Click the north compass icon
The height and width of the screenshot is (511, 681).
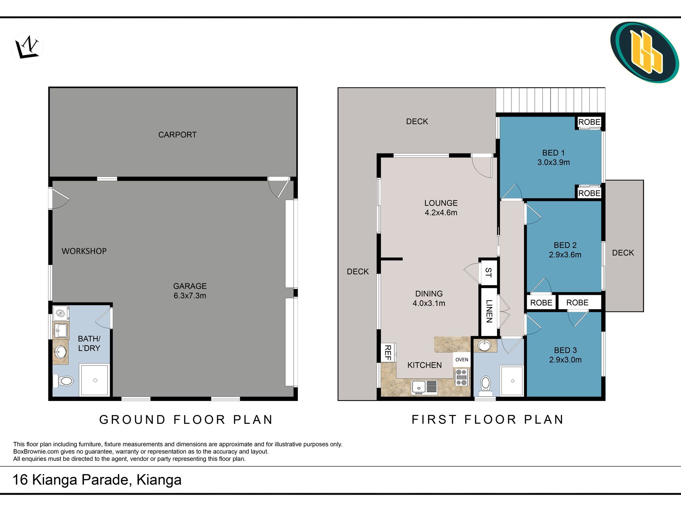(x=27, y=48)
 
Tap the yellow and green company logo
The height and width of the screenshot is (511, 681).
(x=644, y=52)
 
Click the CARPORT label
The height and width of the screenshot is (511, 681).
(x=177, y=135)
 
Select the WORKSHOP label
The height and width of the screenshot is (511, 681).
(x=84, y=251)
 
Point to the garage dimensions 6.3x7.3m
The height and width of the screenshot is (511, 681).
(x=190, y=296)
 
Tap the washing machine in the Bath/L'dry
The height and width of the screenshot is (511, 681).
(x=61, y=313)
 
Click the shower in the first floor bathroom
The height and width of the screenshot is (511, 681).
(x=512, y=381)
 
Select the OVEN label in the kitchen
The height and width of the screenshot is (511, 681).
(x=462, y=360)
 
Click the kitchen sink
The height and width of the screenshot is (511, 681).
(x=424, y=387)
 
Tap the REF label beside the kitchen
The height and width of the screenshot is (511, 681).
(x=387, y=353)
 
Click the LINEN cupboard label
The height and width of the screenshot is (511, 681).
(x=489, y=311)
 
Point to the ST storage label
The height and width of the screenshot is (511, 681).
(x=488, y=273)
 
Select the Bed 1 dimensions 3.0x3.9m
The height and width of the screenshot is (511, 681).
(x=553, y=162)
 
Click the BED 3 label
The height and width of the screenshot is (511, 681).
(x=565, y=350)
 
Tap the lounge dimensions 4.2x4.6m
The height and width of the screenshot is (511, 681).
(x=441, y=213)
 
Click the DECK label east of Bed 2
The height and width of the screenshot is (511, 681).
(x=623, y=253)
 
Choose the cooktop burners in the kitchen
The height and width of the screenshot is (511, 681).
(x=461, y=378)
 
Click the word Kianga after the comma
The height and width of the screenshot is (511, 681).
(x=159, y=480)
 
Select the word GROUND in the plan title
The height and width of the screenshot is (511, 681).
(x=133, y=420)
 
